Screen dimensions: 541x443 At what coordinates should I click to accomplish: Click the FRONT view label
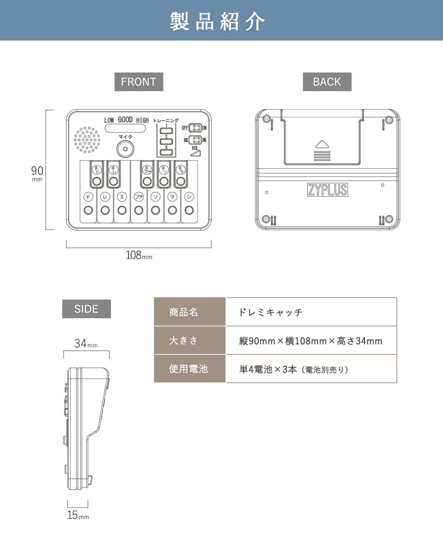click(139, 82)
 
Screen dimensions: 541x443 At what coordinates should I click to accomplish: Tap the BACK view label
click(327, 82)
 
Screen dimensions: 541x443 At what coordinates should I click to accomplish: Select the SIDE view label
click(86, 309)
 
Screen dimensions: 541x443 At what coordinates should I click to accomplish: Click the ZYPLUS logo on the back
click(327, 190)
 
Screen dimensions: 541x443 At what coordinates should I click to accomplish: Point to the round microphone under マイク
click(125, 149)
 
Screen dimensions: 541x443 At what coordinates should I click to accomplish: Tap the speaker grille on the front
click(87, 140)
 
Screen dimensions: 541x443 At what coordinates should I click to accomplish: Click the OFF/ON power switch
click(195, 128)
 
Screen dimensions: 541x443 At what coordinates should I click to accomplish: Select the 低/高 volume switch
click(195, 140)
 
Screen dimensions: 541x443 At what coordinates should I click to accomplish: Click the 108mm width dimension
click(139, 255)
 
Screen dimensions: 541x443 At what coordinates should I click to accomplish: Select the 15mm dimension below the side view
click(78, 515)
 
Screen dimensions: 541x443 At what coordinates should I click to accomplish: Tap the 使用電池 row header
click(189, 369)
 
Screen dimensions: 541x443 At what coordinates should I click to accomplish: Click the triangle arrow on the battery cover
click(322, 144)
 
